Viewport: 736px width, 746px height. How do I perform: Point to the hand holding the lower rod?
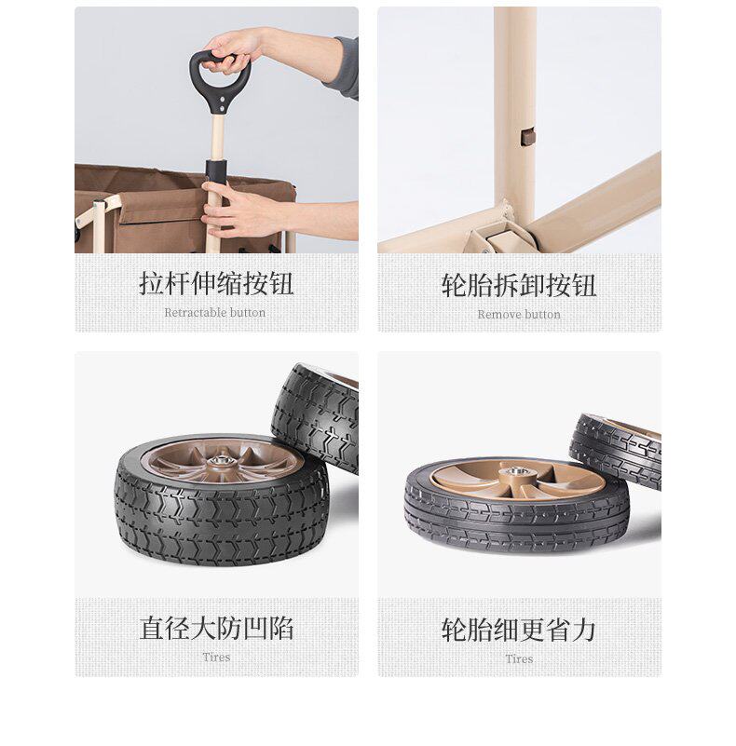(x=238, y=210)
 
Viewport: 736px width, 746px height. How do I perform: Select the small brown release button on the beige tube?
(x=528, y=137)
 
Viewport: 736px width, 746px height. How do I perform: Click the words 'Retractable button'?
(x=214, y=313)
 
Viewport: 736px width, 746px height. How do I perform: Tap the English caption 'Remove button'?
(x=519, y=315)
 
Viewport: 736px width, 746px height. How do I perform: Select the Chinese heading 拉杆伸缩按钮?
(x=216, y=284)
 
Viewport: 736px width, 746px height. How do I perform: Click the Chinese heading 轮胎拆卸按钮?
(x=519, y=286)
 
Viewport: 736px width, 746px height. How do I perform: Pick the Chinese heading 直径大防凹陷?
(x=216, y=628)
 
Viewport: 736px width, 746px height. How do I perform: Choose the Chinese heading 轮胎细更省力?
(x=519, y=630)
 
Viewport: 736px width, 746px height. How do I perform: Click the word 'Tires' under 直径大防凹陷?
(x=217, y=658)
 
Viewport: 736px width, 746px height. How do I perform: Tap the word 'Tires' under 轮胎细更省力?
(x=519, y=659)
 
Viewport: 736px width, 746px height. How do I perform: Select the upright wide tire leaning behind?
(x=315, y=417)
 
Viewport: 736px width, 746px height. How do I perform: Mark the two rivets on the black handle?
(x=223, y=104)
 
